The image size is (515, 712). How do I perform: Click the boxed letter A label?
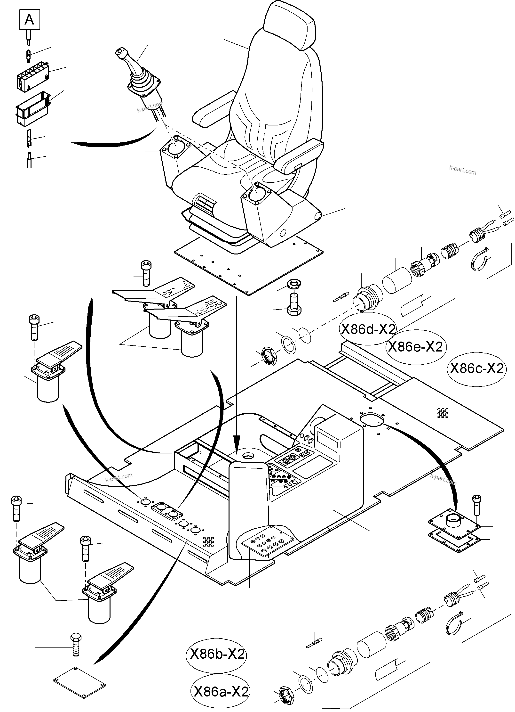click(30, 20)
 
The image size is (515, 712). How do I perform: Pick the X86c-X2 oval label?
click(476, 368)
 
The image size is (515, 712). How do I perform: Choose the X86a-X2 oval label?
click(221, 692)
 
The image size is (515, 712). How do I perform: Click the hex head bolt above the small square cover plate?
click(75, 644)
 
